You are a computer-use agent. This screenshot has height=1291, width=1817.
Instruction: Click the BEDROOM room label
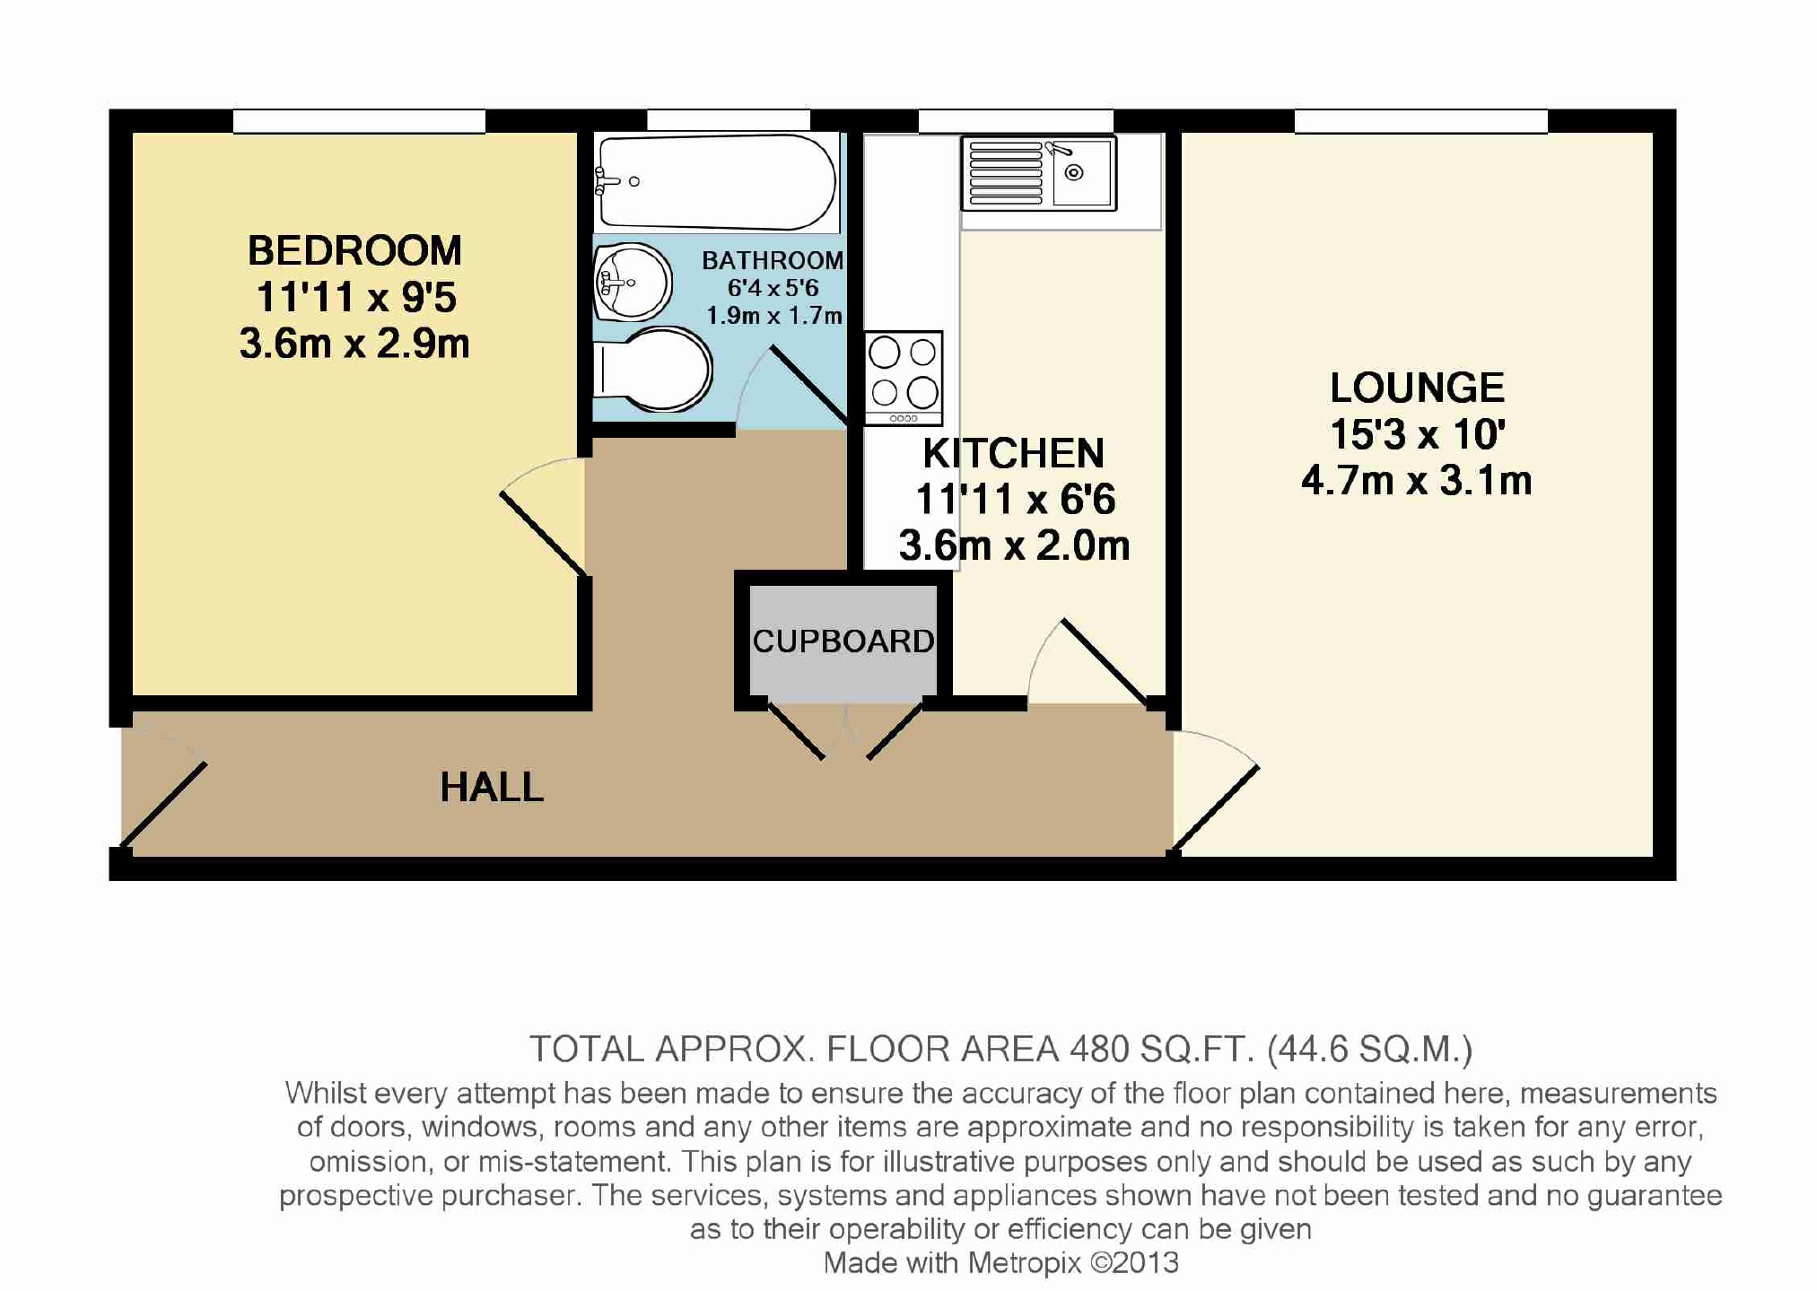[x=354, y=251]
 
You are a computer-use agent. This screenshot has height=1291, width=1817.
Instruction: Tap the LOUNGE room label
[x=1417, y=388]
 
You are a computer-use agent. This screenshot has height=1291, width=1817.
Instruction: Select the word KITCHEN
[x=1014, y=453]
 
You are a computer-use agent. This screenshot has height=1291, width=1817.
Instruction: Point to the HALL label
[x=492, y=788]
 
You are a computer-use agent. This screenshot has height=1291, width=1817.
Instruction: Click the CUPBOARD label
[x=843, y=641]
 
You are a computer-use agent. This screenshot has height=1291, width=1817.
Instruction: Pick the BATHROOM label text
[x=773, y=260]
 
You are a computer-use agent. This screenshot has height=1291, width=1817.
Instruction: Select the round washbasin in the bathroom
[x=633, y=283]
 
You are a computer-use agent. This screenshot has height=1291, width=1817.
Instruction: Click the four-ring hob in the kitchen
[x=904, y=378]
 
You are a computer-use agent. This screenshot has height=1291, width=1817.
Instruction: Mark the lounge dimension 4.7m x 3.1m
[x=1417, y=481]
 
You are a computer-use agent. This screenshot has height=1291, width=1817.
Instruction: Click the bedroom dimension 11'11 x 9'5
[x=356, y=297]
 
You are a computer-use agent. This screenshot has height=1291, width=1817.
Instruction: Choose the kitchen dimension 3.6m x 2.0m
[x=1014, y=545]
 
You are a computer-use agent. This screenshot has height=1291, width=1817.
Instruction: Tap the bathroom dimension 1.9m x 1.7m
[x=774, y=316]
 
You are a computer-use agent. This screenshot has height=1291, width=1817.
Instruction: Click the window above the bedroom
[x=359, y=121]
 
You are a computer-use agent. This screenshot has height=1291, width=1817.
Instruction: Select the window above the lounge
[x=1421, y=121]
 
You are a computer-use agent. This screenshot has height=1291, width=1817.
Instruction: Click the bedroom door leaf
[x=543, y=533]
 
